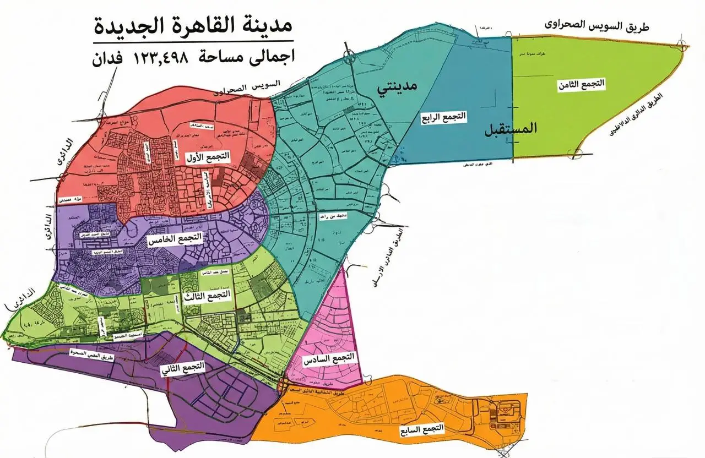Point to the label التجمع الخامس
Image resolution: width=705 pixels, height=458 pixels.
(x=175, y=239)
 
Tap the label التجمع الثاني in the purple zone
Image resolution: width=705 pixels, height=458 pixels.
(x=182, y=369)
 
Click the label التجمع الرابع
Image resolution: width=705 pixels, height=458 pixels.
(x=443, y=117)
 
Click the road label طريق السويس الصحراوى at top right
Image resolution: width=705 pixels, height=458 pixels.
(x=596, y=24)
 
